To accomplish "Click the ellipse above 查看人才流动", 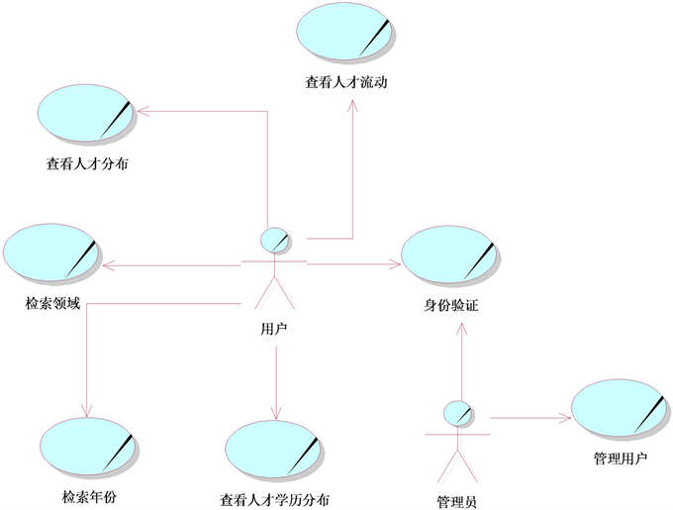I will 343,33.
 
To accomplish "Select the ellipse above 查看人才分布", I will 85,114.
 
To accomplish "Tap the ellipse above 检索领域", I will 50,254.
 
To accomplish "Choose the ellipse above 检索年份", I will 88,445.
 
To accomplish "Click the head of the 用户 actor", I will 274,240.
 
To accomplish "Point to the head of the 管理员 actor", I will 458,412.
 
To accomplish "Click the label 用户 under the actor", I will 275,329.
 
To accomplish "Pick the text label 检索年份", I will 88,497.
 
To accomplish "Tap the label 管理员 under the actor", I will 457,500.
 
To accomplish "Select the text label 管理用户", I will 621,459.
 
